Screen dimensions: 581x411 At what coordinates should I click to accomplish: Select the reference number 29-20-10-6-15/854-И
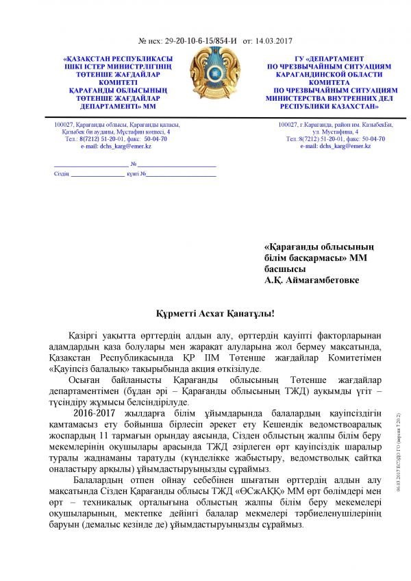coord(205,40)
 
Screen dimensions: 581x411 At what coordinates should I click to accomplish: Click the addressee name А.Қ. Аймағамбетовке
coord(312,280)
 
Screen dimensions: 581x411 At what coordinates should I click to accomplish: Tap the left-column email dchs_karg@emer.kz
coord(116,146)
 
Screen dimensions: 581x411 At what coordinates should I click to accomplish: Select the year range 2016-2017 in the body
coord(94,415)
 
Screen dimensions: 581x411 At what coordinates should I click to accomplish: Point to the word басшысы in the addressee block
coord(284,269)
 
